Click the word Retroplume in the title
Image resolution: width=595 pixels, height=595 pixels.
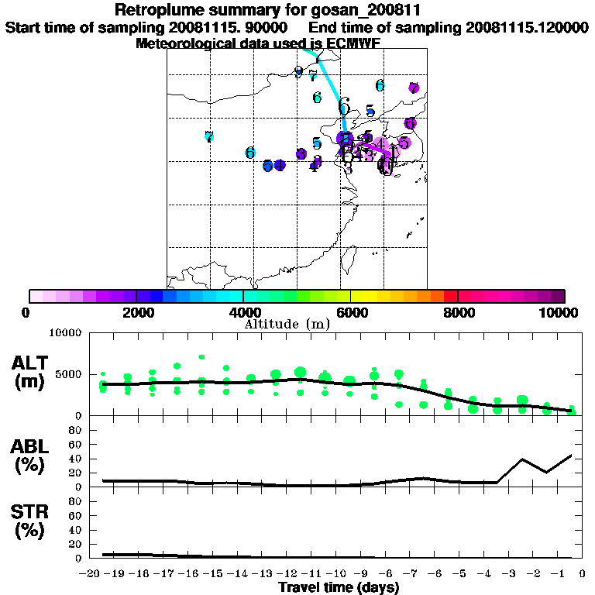[158, 10]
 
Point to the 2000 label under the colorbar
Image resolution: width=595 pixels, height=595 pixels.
[136, 313]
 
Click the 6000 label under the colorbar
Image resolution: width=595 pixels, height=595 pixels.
[350, 313]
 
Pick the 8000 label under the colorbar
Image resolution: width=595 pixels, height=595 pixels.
[458, 313]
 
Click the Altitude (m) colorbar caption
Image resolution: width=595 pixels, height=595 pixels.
[287, 323]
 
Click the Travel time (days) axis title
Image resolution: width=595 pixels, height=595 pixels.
[339, 587]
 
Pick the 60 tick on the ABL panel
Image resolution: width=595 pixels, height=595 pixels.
[76, 445]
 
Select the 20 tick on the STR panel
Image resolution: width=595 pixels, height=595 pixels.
[76, 544]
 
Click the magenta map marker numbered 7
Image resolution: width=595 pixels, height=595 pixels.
[414, 88]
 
